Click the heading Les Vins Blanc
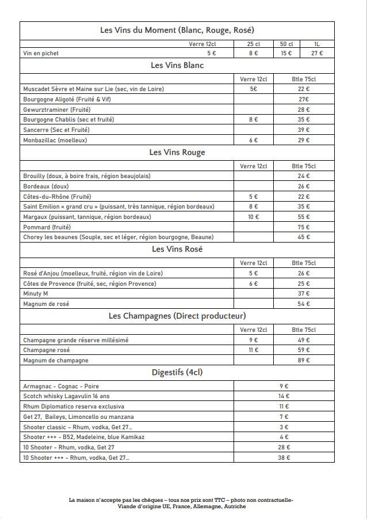tap(177, 65)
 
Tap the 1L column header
tap(317, 44)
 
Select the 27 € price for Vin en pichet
tap(317, 53)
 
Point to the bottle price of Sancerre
tap(304, 130)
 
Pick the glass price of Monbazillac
tap(253, 141)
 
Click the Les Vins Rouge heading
tap(177, 153)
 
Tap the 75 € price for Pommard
tap(304, 228)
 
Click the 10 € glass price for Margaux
tap(253, 217)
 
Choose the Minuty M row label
tap(36, 294)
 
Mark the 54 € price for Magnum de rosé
tap(304, 304)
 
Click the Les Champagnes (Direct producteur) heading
tap(177, 316)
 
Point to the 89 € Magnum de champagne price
tap(304, 361)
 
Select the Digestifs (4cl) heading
tap(177, 372)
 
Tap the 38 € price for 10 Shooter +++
tap(284, 458)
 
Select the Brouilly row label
tap(86, 176)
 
